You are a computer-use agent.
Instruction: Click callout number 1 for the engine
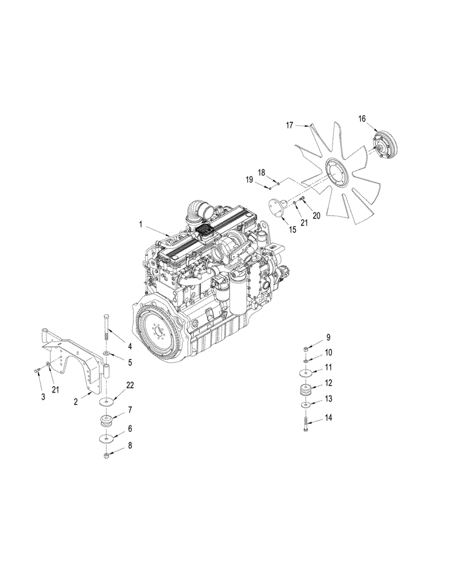tap(141, 224)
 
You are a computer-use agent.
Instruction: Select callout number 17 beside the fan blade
tap(289, 125)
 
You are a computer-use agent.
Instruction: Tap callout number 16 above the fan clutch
tap(362, 119)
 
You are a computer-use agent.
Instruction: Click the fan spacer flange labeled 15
tap(275, 206)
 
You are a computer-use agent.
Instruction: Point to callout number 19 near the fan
tap(250, 181)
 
